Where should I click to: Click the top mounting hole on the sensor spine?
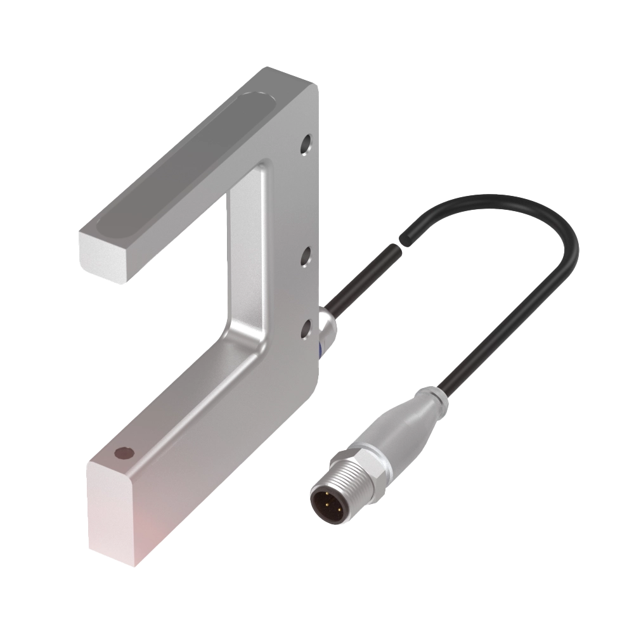coord(307,143)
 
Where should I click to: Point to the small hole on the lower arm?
coord(124,454)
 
